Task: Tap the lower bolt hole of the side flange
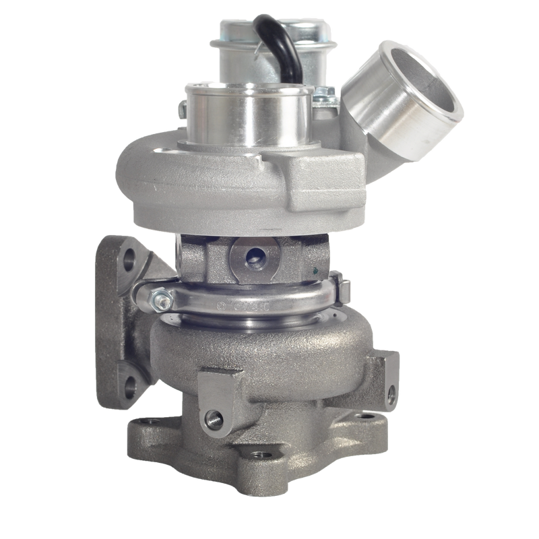(x=128, y=385)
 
